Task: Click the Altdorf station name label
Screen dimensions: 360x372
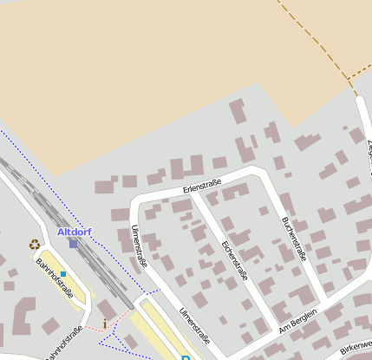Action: point(74,232)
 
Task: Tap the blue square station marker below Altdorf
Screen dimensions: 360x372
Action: point(74,244)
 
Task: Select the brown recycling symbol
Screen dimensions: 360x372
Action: point(35,245)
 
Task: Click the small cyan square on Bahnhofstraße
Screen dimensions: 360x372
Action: point(63,274)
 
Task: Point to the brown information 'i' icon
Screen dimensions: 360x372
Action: point(106,324)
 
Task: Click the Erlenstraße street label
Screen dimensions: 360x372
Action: point(202,185)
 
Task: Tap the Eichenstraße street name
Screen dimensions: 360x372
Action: point(235,259)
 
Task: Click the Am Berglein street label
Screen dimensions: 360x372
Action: point(298,323)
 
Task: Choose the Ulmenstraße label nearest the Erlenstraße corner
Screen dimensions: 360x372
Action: point(139,245)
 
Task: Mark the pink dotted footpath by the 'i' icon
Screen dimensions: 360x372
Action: point(121,314)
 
